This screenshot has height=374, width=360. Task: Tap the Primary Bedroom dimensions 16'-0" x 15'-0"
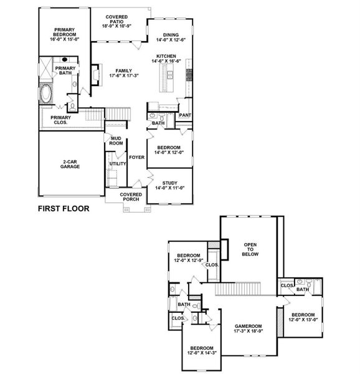(65, 39)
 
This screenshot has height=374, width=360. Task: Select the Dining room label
(171, 35)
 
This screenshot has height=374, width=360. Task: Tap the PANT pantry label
(184, 115)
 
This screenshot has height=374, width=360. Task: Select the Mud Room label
(116, 141)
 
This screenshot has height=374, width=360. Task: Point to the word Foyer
(136, 157)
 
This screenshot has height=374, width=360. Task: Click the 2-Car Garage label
(70, 165)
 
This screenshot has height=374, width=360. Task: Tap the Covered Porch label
(131, 197)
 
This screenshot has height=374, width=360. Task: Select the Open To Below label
(250, 249)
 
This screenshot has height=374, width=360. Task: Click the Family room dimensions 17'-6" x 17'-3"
(124, 75)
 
